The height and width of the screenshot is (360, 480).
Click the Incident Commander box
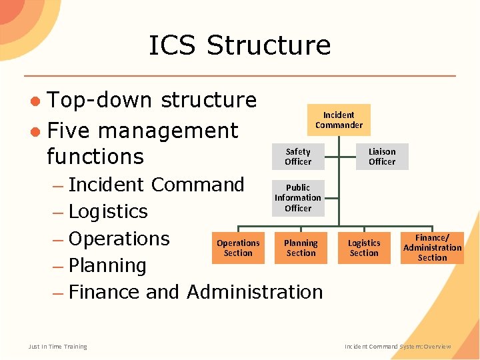pyautogui.click(x=339, y=120)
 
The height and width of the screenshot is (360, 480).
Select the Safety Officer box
pyautogui.click(x=298, y=157)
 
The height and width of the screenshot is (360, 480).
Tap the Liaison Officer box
pyautogui.click(x=382, y=157)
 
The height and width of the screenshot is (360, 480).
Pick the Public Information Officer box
pyautogui.click(x=298, y=198)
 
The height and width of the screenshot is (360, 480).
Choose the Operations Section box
pyautogui.click(x=238, y=248)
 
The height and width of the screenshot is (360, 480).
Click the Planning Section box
pyautogui.click(x=301, y=248)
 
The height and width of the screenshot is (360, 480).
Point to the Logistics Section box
pyautogui.click(x=364, y=248)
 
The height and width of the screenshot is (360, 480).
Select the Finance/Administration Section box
pyautogui.click(x=432, y=248)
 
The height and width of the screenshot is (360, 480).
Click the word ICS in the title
pyautogui.click(x=173, y=45)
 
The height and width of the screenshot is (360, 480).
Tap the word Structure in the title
pyautogui.click(x=269, y=45)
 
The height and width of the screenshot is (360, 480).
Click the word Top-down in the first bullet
pyautogui.click(x=101, y=100)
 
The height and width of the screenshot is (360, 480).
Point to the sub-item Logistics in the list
pyautogui.click(x=108, y=211)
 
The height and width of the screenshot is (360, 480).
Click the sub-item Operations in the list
pyautogui.click(x=119, y=239)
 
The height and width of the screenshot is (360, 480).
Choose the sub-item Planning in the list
pyautogui.click(x=107, y=265)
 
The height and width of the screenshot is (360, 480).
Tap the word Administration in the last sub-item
pyautogui.click(x=255, y=292)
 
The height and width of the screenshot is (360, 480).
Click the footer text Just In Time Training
pyautogui.click(x=57, y=346)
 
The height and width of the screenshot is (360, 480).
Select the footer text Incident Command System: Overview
pyautogui.click(x=397, y=347)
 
